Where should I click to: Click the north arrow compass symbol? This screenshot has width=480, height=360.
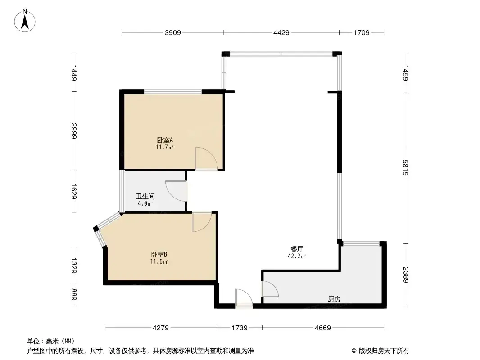pos(25,21)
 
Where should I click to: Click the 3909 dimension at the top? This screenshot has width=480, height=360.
pos(172,33)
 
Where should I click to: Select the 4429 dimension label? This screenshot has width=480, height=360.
pos(281,33)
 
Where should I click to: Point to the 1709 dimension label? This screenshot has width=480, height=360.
pos(362,33)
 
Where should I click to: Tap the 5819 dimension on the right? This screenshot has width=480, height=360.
pos(405,167)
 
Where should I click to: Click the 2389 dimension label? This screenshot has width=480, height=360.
pos(405,275)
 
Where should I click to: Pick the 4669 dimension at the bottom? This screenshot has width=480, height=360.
pos(323,328)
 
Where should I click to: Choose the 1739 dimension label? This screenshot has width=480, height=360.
pos(240,328)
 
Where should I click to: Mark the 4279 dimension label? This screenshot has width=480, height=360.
pos(160,328)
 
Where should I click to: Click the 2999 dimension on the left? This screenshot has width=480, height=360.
pos(74,130)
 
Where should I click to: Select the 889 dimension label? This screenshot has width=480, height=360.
pos(74,295)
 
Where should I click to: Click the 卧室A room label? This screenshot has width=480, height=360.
pos(165,140)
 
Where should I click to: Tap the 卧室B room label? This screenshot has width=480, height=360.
pos(159,255)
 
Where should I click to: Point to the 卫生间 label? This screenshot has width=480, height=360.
pos(145,196)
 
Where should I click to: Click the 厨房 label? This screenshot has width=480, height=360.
pos(334,299)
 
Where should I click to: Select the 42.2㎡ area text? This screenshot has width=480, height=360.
pos(297,256)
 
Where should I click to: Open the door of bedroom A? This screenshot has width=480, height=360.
pos(206,158)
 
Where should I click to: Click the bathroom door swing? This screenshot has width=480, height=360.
pos(176,191)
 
